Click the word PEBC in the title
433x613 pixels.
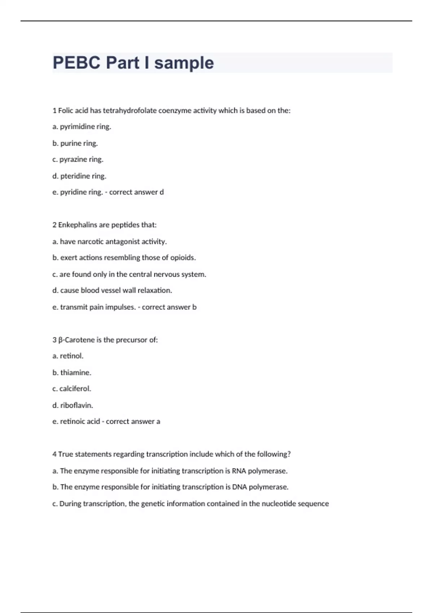pyautogui.click(x=76, y=63)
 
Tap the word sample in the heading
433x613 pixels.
pyautogui.click(x=184, y=63)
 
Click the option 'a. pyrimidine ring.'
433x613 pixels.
pyautogui.click(x=82, y=127)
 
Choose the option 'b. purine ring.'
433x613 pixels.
pyautogui.click(x=75, y=143)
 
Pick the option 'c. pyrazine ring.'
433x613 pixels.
pyautogui.click(x=78, y=159)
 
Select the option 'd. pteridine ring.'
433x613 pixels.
pyautogui.click(x=79, y=176)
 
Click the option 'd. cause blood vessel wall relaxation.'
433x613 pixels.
pyautogui.click(x=112, y=290)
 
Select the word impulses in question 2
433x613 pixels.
pyautogui.click(x=121, y=307)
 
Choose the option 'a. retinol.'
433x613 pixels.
pyautogui.click(x=68, y=356)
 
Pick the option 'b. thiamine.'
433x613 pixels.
pyautogui.click(x=72, y=372)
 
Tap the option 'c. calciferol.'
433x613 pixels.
pyautogui.click(x=72, y=389)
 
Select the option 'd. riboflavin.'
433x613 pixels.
pyautogui.click(x=73, y=405)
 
